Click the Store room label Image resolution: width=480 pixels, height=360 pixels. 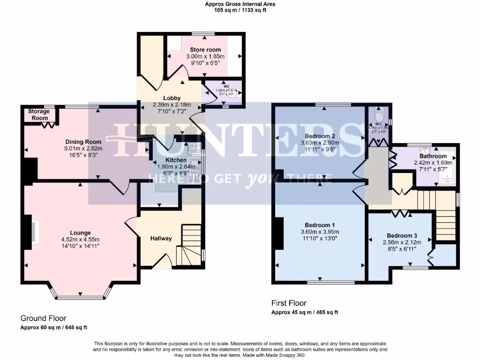pos(205,50)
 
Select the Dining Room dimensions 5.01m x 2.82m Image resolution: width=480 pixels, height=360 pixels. pos(83,149)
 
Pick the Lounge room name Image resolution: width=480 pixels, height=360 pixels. pos(80,232)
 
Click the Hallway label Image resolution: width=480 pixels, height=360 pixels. pos(161,238)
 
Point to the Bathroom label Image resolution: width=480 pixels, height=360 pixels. pos(433,156)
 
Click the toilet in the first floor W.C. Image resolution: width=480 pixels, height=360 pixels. pos(380,113)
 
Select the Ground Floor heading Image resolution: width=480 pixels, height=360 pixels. pos(43,318)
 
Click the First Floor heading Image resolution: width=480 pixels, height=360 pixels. pos(289,303)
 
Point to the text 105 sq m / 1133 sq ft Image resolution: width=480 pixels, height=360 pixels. pos(240,10)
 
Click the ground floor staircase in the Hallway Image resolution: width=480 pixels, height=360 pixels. pos(190,244)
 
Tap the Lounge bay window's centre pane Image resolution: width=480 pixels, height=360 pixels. pos(80,296)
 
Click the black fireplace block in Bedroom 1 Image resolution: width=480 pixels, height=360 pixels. pos(280,233)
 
